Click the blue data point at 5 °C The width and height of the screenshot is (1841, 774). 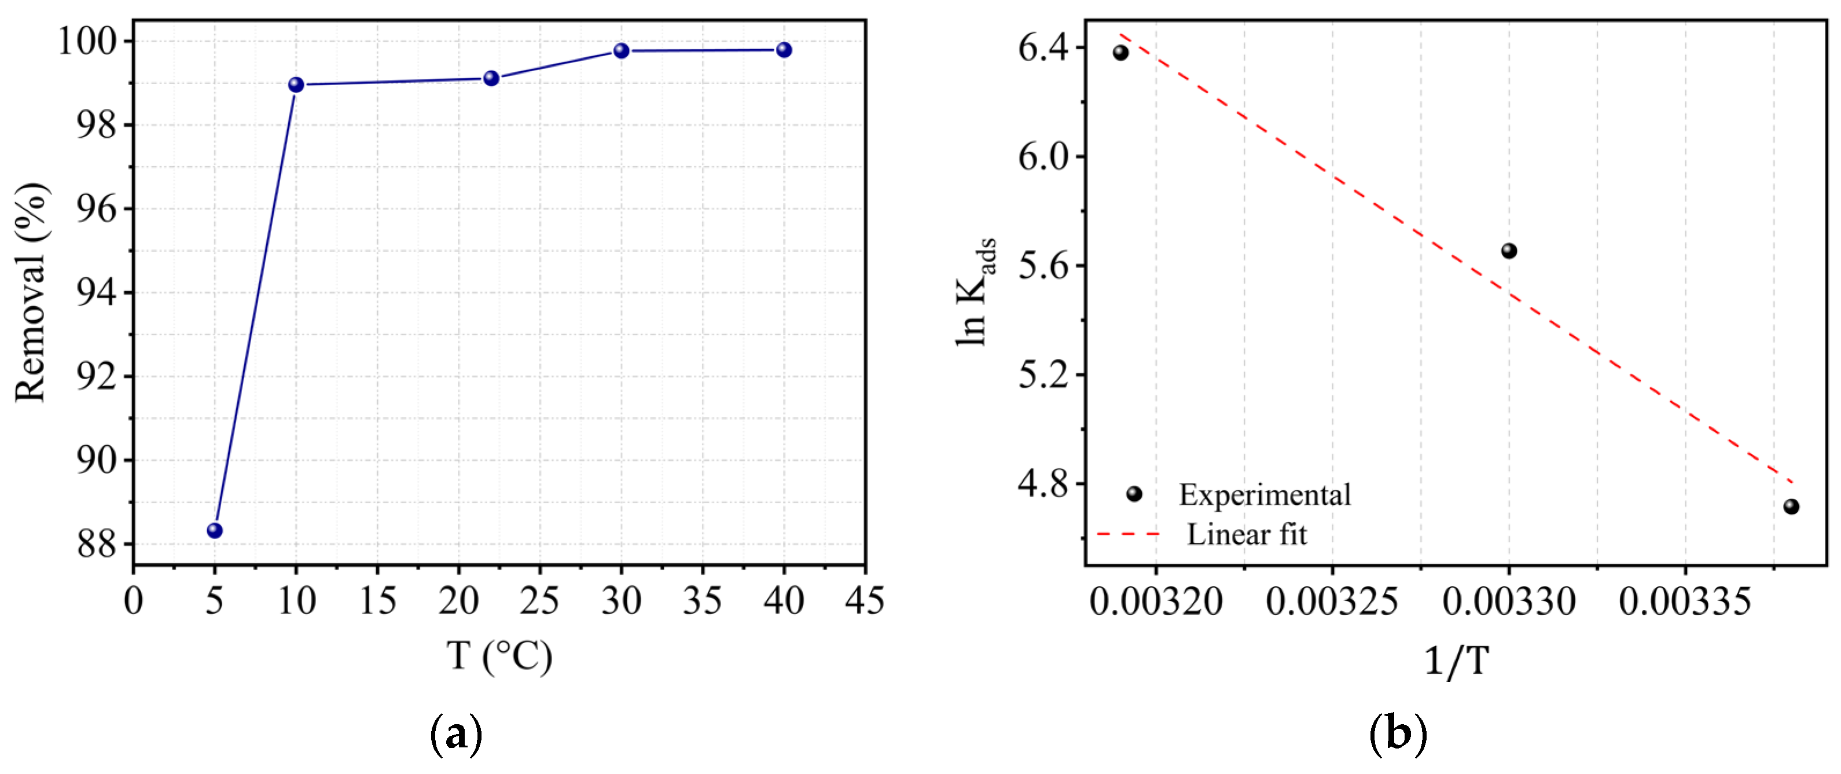pyautogui.click(x=214, y=530)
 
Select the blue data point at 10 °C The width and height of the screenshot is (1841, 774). pyautogui.click(x=296, y=85)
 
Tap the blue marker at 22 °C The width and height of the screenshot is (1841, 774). pyautogui.click(x=491, y=78)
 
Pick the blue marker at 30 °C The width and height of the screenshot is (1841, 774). pyautogui.click(x=621, y=50)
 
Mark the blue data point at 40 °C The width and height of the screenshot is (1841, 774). pyautogui.click(x=784, y=49)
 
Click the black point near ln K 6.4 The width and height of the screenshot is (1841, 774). pyautogui.click(x=1120, y=52)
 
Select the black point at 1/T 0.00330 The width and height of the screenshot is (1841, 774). pyautogui.click(x=1509, y=250)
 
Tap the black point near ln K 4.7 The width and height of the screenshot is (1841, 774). pyautogui.click(x=1791, y=507)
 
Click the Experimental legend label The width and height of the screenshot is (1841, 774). pyautogui.click(x=1264, y=494)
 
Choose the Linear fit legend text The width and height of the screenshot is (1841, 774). pyautogui.click(x=1247, y=534)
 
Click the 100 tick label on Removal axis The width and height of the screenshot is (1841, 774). pyautogui.click(x=86, y=41)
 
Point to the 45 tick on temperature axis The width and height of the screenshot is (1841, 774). pyautogui.click(x=864, y=600)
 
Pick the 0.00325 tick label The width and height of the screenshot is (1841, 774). pyautogui.click(x=1332, y=600)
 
